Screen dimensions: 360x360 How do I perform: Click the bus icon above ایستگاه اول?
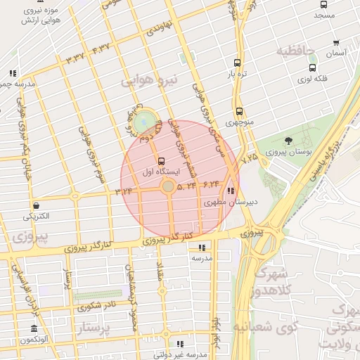click(x=162, y=160)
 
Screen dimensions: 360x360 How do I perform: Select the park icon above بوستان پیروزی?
click(x=288, y=141)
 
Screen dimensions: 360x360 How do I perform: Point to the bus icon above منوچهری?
click(x=239, y=111)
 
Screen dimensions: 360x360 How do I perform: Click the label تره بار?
click(x=236, y=72)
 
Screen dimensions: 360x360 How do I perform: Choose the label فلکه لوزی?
click(x=313, y=79)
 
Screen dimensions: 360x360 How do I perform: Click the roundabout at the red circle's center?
click(x=168, y=186)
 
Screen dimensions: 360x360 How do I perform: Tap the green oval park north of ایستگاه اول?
click(x=146, y=120)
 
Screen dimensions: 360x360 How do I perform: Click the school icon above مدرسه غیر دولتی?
click(x=179, y=344)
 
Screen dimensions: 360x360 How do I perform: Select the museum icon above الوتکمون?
click(x=34, y=329)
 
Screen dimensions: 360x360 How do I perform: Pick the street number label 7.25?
click(x=249, y=160)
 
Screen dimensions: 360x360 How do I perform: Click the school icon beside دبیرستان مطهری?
click(x=231, y=191)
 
